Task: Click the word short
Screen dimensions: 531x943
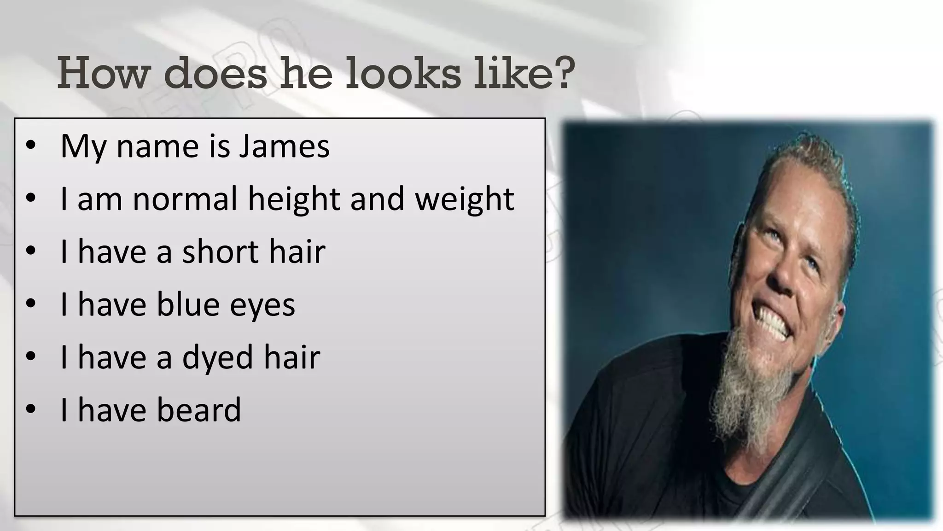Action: tap(221, 252)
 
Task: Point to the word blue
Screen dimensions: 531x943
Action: tap(188, 305)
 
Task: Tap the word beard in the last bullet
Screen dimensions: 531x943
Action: tap(199, 410)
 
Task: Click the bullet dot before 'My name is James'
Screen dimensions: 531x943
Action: tap(31, 146)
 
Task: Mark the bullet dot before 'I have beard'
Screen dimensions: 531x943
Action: tap(31, 409)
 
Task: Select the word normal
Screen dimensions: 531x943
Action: tap(185, 199)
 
